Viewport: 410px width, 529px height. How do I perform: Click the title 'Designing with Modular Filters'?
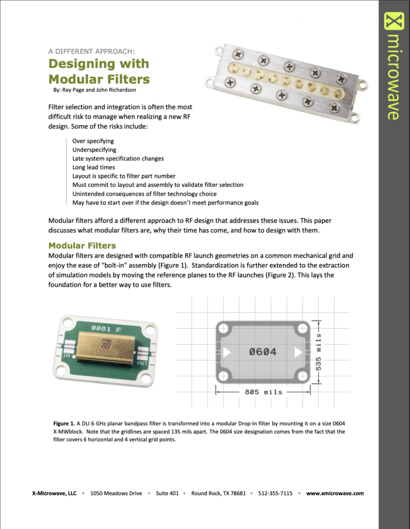99,72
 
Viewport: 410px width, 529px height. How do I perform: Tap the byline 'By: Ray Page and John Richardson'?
94,90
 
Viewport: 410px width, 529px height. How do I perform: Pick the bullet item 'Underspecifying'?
94,150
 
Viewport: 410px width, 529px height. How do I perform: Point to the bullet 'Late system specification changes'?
118,159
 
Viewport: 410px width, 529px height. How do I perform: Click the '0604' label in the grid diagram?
263,352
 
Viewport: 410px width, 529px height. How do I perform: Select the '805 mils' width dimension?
263,392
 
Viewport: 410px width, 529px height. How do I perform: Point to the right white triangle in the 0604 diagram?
298,352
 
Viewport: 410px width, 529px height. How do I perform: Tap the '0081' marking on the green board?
101,327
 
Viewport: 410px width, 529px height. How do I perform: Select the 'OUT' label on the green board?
142,364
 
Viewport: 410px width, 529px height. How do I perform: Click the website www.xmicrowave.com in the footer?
335,493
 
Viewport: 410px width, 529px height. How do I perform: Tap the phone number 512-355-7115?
275,493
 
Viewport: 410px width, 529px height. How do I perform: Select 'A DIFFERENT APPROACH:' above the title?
91,51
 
